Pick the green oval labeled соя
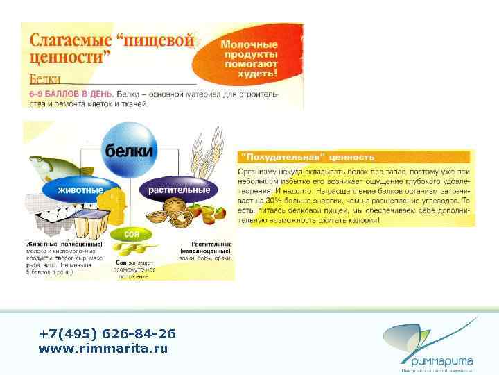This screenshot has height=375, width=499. [x=132, y=234]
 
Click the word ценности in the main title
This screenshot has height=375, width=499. [x=62, y=58]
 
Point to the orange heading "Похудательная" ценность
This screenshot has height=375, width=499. [x=308, y=157]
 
